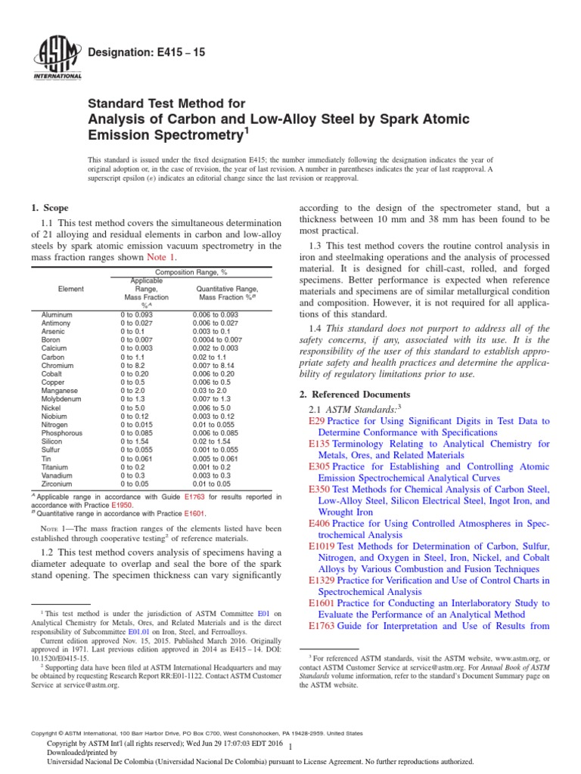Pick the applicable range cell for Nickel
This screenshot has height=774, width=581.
click(133, 407)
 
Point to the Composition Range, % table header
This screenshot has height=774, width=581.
click(190, 271)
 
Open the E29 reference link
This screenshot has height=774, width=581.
click(317, 420)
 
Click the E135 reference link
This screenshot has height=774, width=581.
click(320, 444)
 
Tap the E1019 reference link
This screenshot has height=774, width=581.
click(322, 545)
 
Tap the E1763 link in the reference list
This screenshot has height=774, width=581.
click(322, 626)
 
